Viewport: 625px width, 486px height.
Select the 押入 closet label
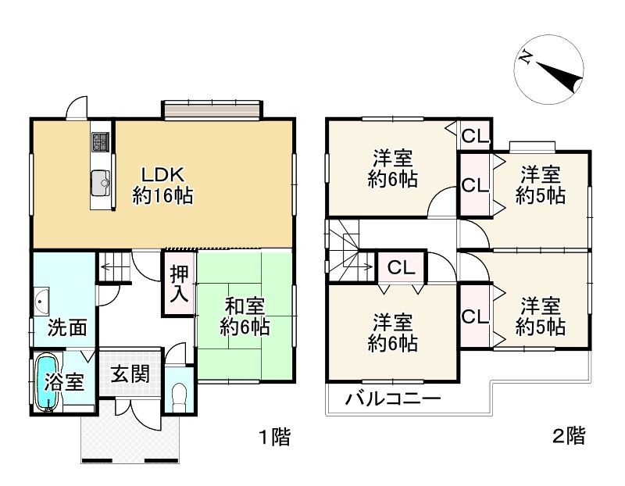[179, 284]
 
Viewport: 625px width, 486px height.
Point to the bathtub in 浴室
[48, 382]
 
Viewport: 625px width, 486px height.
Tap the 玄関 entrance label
[129, 374]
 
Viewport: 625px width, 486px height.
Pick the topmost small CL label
[474, 136]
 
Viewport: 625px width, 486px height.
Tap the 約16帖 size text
[162, 196]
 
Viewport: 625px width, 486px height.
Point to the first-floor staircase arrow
[113, 268]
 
